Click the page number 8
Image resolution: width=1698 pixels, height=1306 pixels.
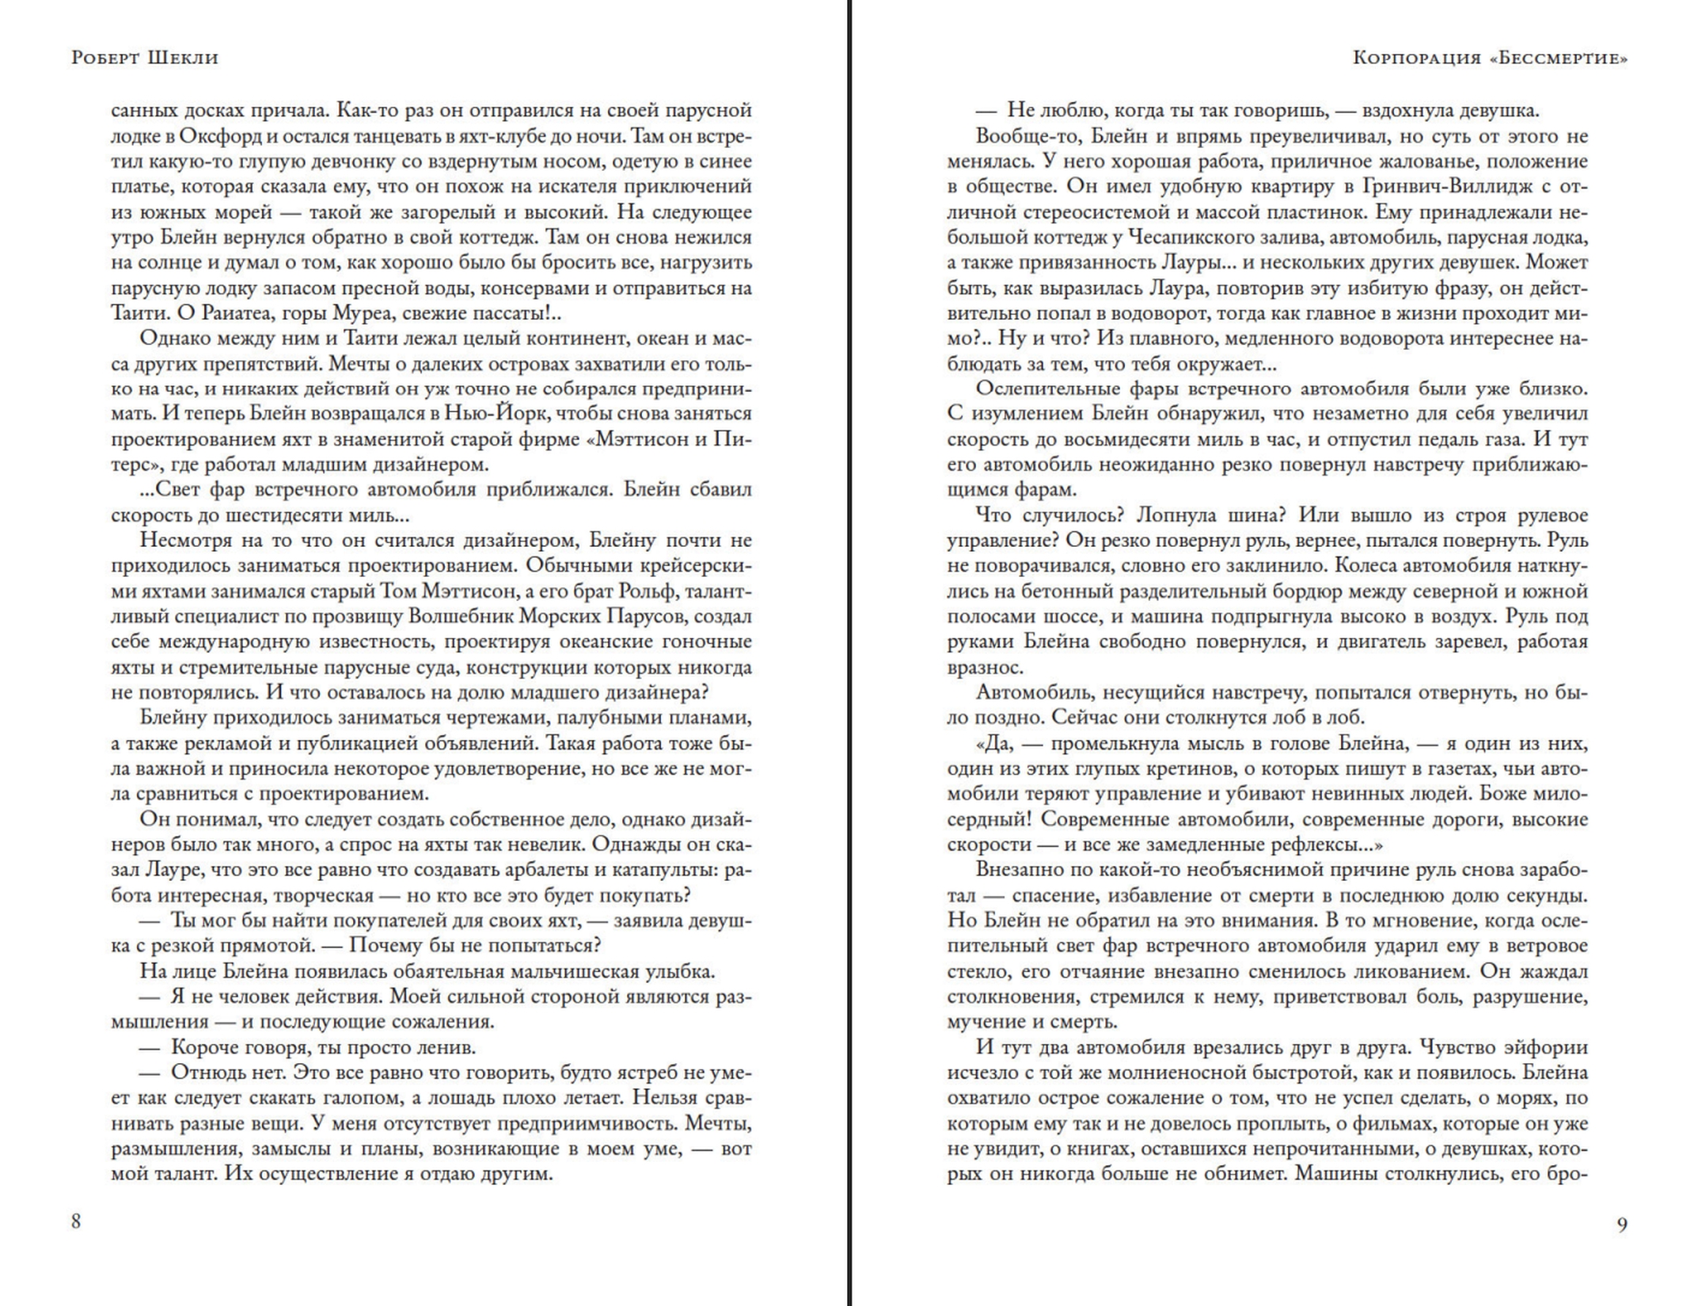[x=76, y=1221]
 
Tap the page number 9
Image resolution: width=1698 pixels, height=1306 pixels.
[x=1622, y=1225]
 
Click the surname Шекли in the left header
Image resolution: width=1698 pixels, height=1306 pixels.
[x=182, y=58]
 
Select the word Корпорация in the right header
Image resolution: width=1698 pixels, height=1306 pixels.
[x=1416, y=58]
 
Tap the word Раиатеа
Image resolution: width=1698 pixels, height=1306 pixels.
[x=241, y=313]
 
